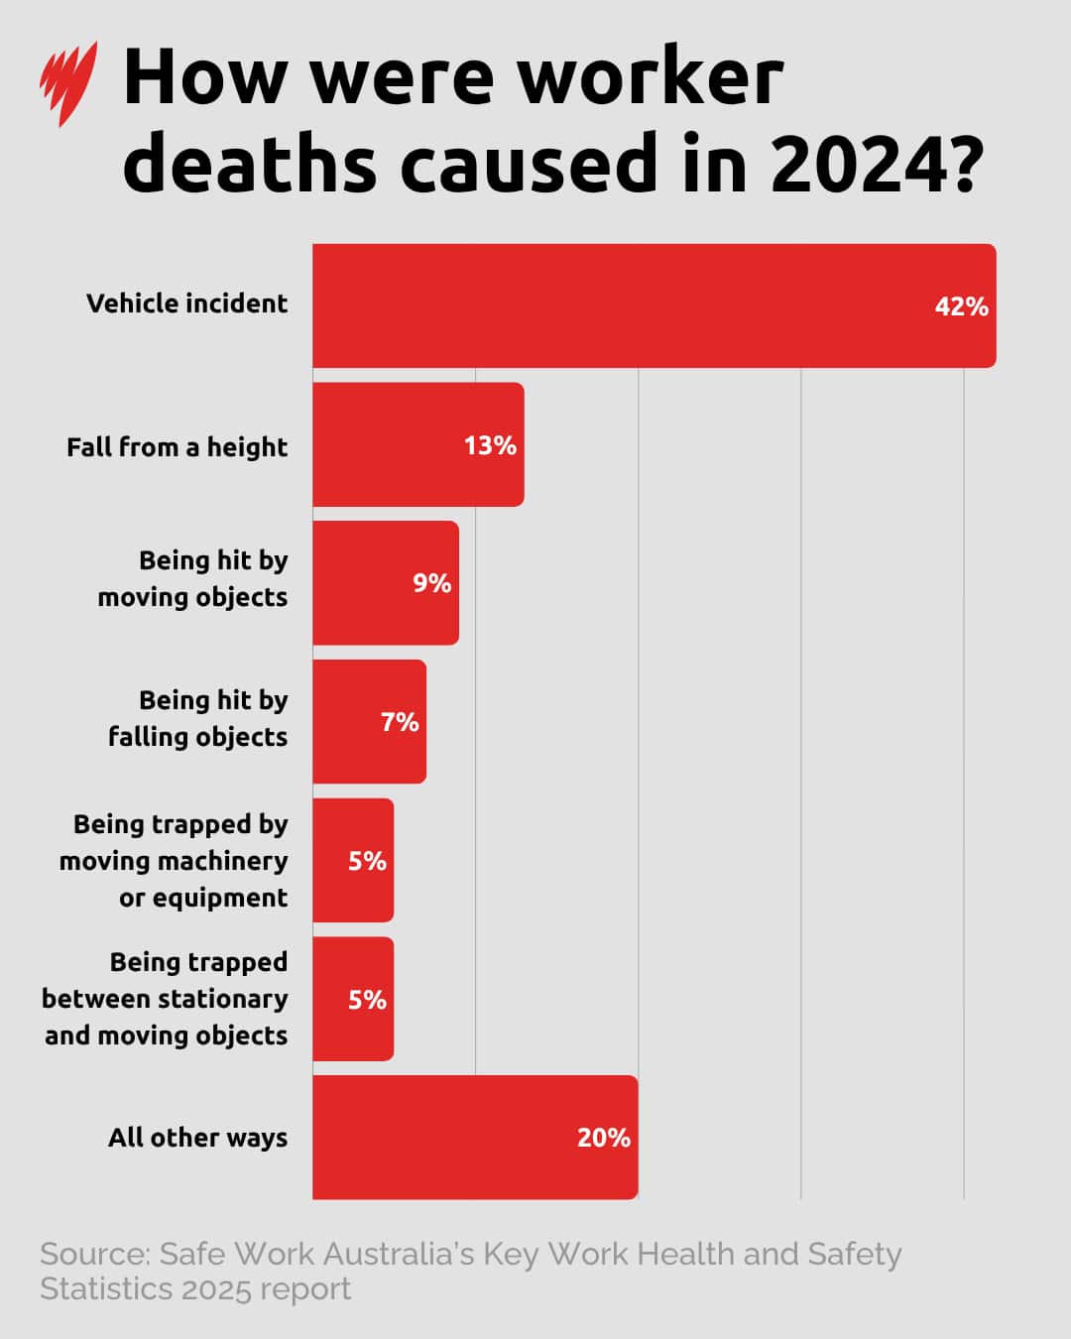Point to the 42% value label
961,306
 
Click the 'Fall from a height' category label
177,447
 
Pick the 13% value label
490,445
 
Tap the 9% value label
432,583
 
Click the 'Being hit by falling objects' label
198,718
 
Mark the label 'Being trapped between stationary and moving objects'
166,999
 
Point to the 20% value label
603,1138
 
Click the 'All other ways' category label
197,1138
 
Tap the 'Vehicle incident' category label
186,304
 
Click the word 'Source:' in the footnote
94,1255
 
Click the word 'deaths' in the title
250,163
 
